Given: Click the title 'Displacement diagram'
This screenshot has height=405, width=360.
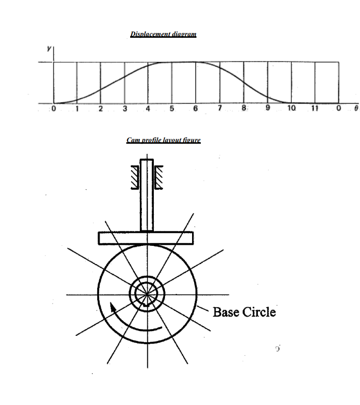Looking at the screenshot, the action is pyautogui.click(x=163, y=34).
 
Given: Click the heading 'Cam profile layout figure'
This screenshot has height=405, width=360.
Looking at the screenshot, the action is pyautogui.click(x=164, y=140).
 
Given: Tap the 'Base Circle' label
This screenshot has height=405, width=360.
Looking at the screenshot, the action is pyautogui.click(x=244, y=312).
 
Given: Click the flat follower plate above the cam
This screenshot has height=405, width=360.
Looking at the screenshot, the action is pyautogui.click(x=146, y=238).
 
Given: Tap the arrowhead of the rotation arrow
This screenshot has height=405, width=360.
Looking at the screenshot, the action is pyautogui.click(x=113, y=306).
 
